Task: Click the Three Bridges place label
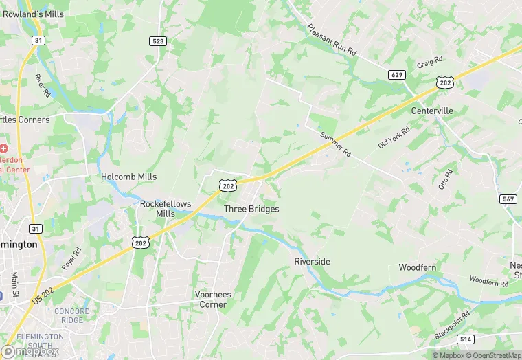(251, 209)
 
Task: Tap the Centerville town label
(432, 111)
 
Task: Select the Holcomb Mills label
(129, 177)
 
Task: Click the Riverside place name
(312, 262)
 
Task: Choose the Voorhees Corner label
(213, 300)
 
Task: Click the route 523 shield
(158, 41)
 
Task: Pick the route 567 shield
(509, 199)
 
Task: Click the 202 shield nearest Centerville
(444, 82)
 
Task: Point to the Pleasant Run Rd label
(332, 40)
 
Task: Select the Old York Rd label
(394, 137)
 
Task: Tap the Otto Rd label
(446, 179)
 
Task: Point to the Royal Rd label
(71, 258)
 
